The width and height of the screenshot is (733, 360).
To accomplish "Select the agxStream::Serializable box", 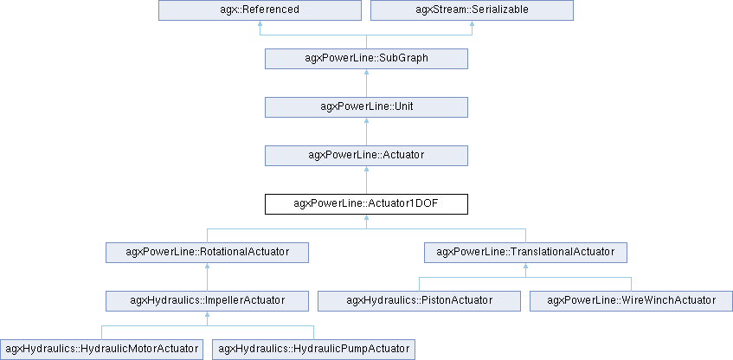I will coord(472,10).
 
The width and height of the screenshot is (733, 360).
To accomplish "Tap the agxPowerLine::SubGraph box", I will coord(366,59).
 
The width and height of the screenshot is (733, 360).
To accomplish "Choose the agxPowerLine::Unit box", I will coord(366,107).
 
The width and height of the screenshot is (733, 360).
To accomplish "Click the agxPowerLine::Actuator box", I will coord(366,156).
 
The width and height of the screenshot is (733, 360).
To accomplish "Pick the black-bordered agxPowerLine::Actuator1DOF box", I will coord(366,204).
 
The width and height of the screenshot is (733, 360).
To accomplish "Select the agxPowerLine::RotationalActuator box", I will coord(207,253).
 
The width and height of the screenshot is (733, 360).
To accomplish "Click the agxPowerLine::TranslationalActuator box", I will coord(525,253).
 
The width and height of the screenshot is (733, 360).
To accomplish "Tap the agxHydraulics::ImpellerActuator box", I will coord(207,301).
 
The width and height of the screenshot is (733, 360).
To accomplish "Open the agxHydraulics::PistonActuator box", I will coord(419,301).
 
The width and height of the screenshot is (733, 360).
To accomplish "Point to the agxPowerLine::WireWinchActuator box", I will coord(632,301).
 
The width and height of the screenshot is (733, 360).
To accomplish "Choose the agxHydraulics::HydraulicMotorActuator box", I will coord(101,350).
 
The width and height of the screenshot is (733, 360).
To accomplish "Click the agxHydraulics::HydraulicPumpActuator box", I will coord(313,350).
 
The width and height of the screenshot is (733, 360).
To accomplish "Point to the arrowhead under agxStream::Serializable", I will coord(472,26).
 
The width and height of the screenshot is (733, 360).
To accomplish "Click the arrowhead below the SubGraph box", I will coord(366,74).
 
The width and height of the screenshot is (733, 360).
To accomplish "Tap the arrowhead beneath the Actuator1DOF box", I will coord(366,220).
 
